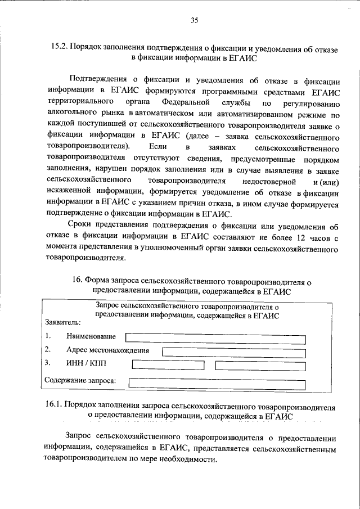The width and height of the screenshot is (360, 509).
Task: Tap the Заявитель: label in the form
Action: pos(62,323)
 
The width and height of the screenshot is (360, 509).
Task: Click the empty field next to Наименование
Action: pos(215,338)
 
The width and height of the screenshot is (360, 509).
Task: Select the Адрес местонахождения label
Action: pos(107,350)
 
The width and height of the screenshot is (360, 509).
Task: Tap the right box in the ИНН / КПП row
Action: pos(260,364)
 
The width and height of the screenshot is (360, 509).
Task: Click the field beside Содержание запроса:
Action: pos(217,383)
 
